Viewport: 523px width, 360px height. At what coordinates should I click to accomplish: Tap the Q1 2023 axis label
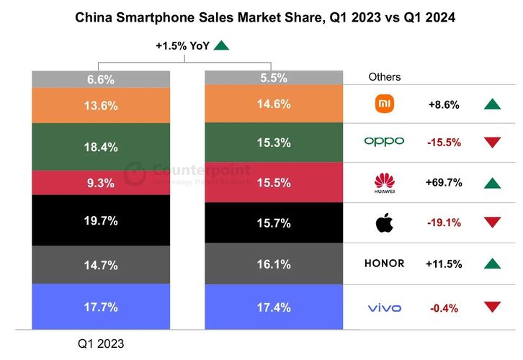(100, 344)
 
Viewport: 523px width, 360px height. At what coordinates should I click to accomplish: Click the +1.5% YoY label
(182, 45)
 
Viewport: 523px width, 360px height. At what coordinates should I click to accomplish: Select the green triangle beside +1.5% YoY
(221, 45)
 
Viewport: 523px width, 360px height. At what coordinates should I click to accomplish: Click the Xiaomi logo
(384, 104)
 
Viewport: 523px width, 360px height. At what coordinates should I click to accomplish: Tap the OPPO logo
(384, 142)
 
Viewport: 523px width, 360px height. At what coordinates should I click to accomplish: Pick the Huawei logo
(384, 183)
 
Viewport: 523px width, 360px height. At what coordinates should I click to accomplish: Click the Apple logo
(384, 223)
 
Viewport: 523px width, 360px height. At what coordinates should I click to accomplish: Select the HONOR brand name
(384, 264)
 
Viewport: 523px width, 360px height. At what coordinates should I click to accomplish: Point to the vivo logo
(384, 308)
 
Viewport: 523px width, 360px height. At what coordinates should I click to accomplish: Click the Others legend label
(385, 77)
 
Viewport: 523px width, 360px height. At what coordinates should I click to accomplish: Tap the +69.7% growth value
(444, 182)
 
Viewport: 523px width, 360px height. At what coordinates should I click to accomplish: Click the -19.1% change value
(444, 222)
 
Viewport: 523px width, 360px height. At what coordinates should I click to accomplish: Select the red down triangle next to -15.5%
(492, 143)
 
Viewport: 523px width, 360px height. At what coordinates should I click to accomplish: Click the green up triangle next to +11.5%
(492, 264)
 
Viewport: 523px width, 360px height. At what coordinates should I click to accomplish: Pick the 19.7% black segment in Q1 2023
(100, 221)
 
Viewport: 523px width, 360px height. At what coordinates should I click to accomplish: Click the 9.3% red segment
(100, 183)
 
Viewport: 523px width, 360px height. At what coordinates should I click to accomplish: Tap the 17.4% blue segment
(273, 307)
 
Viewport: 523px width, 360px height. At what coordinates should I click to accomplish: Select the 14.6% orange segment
(273, 104)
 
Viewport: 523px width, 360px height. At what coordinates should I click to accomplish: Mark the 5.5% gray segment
(273, 78)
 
